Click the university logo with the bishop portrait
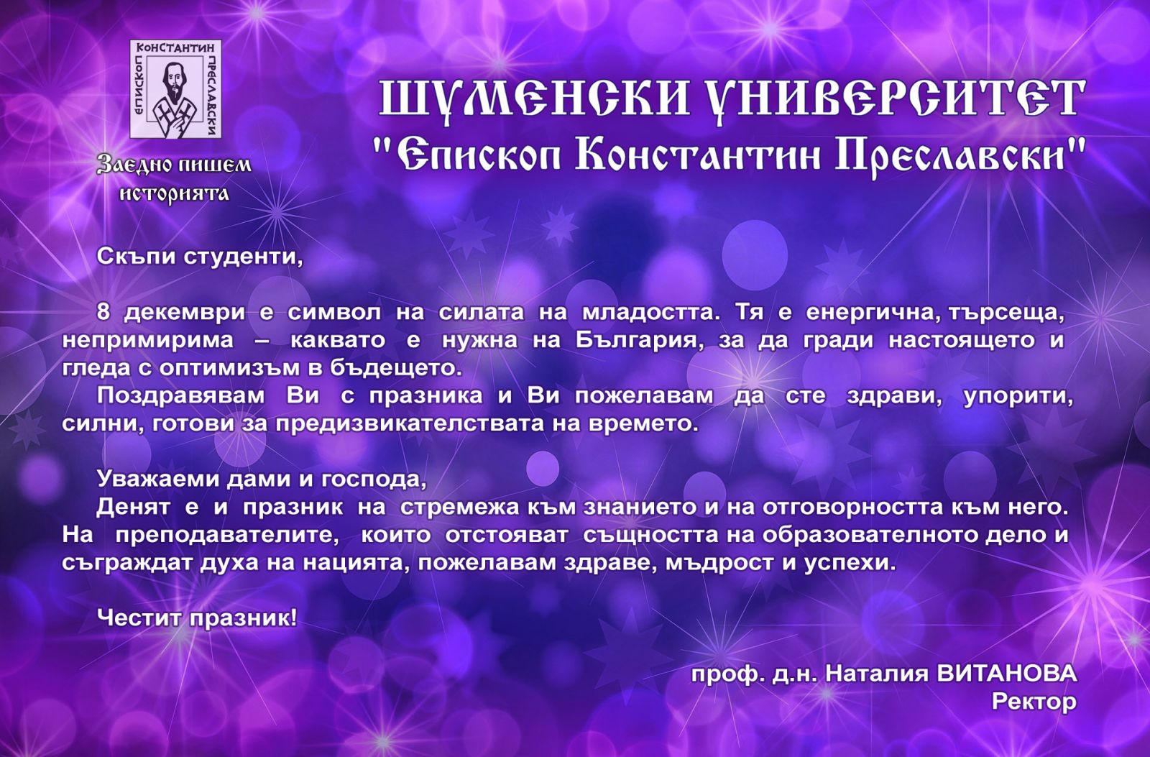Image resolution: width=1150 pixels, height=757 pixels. [175, 89]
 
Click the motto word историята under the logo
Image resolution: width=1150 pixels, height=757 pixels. [175, 193]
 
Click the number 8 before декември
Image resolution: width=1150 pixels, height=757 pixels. [103, 312]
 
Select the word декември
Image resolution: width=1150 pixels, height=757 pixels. [185, 313]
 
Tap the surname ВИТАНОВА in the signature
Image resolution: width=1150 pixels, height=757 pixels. [1007, 674]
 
